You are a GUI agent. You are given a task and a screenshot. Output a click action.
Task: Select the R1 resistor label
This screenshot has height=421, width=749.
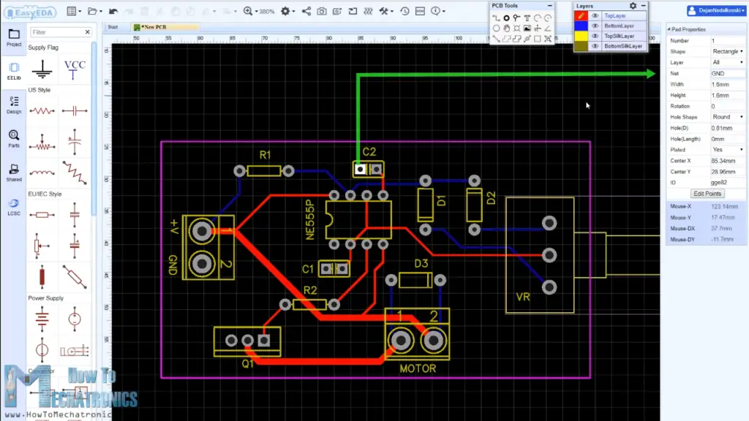pos(265,155)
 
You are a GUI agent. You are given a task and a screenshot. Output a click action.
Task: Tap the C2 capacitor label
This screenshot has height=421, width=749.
pos(369,152)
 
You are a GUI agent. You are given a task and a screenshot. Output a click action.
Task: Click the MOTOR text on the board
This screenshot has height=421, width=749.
pos(418,368)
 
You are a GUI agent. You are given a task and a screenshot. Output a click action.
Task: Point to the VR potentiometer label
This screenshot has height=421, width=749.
pos(522,298)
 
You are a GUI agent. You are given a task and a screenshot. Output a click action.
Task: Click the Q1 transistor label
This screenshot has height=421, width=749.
pos(248,363)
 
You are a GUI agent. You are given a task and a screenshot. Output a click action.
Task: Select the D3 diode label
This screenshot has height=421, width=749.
pos(421,263)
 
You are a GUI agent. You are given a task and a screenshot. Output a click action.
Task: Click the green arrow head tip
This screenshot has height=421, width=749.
pos(653,73)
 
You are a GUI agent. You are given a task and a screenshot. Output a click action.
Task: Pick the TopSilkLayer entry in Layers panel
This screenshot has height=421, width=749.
pos(620,36)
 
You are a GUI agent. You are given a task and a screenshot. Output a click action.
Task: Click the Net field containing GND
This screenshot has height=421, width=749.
pos(726,73)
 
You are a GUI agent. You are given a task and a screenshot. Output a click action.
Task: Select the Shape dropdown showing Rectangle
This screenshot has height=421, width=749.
pos(726,51)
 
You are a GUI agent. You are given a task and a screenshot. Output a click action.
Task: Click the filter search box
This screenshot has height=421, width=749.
pos(61,32)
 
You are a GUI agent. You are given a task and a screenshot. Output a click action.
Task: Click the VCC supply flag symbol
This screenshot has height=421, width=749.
pos(75,69)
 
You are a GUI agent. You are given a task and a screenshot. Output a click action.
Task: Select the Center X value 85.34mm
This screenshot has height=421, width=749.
pos(726,160)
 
